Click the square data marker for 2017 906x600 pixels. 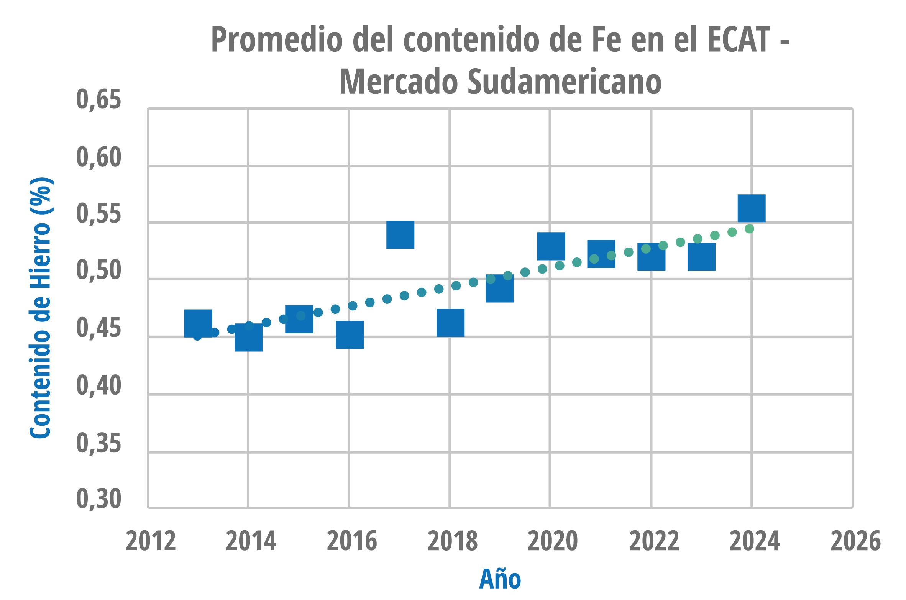click(x=400, y=235)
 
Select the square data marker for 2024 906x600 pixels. click(x=752, y=208)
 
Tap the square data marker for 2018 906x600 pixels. click(x=450, y=323)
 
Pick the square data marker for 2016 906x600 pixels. click(x=350, y=335)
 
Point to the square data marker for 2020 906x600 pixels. click(x=551, y=246)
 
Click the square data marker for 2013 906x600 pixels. click(x=198, y=323)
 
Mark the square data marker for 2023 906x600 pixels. click(x=701, y=257)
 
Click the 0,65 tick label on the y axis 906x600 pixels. click(x=98, y=100)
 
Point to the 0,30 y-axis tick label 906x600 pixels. click(x=98, y=499)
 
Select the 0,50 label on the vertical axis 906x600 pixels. click(x=98, y=270)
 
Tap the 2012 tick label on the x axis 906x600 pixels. click(x=151, y=541)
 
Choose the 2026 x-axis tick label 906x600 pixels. click(x=855, y=541)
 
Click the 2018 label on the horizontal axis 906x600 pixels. click(x=452, y=541)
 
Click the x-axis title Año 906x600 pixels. click(x=500, y=579)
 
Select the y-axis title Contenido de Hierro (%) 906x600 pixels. click(x=41, y=308)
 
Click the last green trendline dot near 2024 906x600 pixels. click(x=749, y=229)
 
